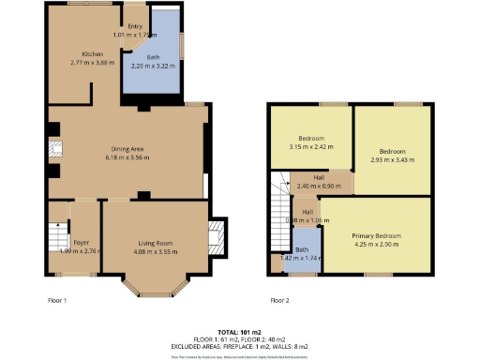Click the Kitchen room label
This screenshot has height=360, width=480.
(92, 54)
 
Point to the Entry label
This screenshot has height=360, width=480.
(122, 27)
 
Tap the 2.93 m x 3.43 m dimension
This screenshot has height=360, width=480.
(392, 159)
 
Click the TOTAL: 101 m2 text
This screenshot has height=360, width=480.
(239, 333)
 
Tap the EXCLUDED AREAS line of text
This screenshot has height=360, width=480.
(239, 347)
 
